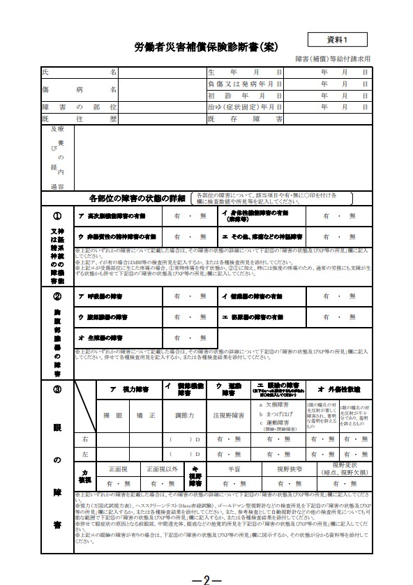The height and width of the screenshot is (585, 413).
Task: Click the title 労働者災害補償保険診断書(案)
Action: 206,47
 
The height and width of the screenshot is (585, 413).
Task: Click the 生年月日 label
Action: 244,73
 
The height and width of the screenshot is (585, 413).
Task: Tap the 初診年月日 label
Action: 244,96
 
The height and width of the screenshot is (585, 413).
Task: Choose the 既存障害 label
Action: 244,119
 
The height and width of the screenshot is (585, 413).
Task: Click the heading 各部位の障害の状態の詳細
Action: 133,198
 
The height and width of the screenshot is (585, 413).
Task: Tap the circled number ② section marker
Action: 57,296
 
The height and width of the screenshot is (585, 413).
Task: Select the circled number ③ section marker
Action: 57,388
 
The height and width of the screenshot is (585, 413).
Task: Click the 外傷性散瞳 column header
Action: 339,388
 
